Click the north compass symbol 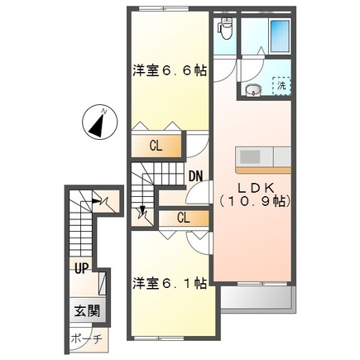(98, 124)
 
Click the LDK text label (253, 187)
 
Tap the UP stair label (81, 269)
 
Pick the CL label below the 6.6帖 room (156, 146)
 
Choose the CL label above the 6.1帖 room (183, 218)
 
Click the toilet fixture (225, 30)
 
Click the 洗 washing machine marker (281, 85)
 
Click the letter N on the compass (103, 109)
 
